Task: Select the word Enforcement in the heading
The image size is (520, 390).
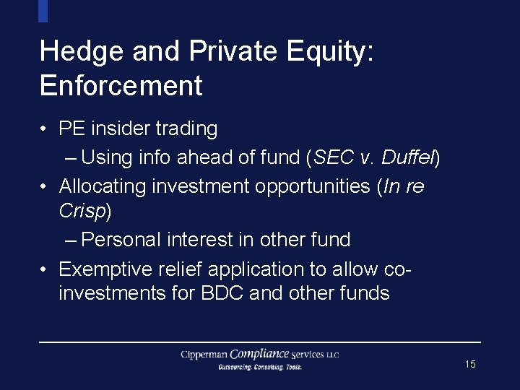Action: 121,86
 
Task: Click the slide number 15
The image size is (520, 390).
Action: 470,364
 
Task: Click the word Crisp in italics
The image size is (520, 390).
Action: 82,211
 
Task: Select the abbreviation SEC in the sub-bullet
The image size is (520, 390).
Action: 335,157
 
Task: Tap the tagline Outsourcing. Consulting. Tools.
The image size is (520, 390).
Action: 260,367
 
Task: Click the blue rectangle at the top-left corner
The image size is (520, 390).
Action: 43,11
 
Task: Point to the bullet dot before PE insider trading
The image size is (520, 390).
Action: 45,129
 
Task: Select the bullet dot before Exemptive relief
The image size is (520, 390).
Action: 45,269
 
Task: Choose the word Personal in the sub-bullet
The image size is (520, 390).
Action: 121,240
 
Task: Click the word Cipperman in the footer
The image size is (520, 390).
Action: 204,355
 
